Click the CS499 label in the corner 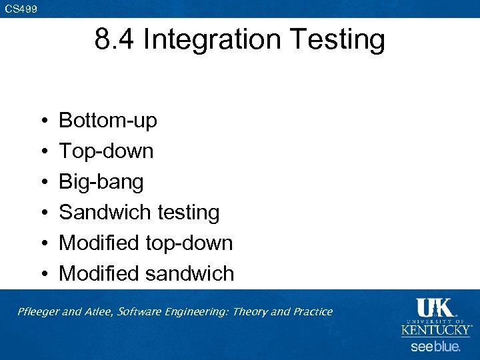point(21,9)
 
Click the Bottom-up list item point(108,121)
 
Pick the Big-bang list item point(101,182)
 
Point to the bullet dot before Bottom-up point(42,121)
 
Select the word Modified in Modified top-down point(100,243)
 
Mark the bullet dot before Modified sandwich point(42,274)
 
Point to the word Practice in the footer point(311,312)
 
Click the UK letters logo point(435,309)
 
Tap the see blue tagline point(435,347)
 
